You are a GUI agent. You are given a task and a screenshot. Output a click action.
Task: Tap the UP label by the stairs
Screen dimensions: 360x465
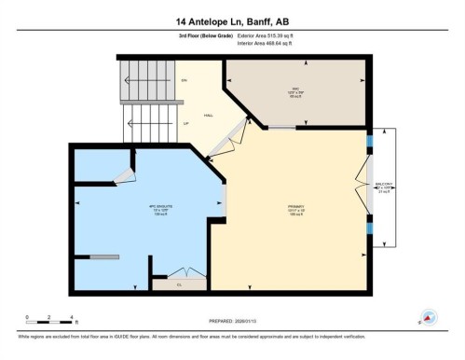coord(185,123)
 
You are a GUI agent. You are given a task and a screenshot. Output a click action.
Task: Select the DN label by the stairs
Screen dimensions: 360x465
coord(185,81)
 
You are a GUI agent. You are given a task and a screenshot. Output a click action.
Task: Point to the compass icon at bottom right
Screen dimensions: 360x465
coord(431,316)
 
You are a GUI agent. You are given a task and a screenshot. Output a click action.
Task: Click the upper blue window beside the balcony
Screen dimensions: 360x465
coord(370,143)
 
